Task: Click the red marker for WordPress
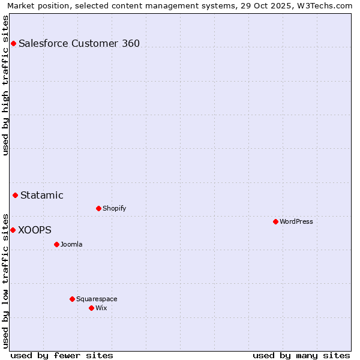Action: tap(275, 221)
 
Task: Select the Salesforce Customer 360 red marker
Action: tap(13, 43)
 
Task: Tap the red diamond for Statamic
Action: tap(15, 195)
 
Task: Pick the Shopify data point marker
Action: tap(98, 208)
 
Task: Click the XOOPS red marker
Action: tap(13, 230)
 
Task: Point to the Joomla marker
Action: tap(56, 244)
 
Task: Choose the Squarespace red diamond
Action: tap(72, 299)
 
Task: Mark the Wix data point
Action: tap(91, 308)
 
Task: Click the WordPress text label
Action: tap(296, 221)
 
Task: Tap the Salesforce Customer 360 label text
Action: tap(79, 43)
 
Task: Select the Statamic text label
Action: tap(42, 195)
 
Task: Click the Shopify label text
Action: tap(115, 208)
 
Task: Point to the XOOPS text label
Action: tap(35, 230)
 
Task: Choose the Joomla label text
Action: tap(71, 244)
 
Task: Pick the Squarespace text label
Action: tap(97, 299)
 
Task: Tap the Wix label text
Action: tap(101, 308)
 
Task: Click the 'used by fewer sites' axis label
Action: tap(62, 355)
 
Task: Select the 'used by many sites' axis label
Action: tap(301, 355)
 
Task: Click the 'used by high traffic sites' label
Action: tap(5, 85)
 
